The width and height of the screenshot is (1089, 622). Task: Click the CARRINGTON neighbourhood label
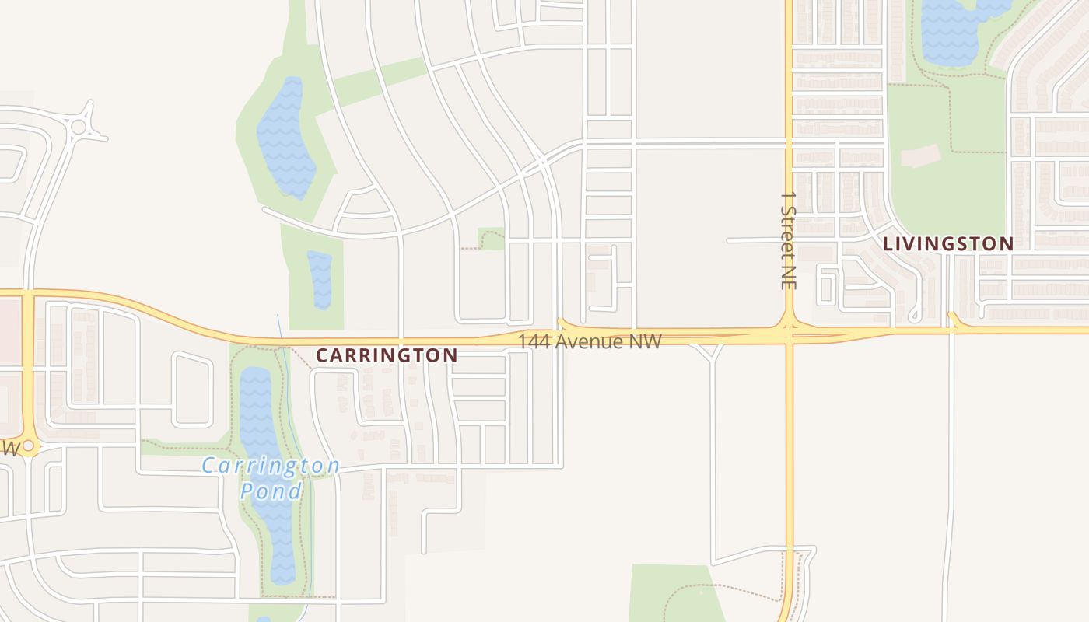coord(387,355)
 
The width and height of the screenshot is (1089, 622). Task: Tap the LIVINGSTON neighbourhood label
coord(948,243)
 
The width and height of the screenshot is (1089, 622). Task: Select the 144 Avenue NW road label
coord(590,341)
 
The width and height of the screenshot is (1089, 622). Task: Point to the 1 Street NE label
coord(789,240)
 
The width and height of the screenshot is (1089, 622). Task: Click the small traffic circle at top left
coord(79,126)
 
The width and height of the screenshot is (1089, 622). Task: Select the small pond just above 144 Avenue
coord(320,280)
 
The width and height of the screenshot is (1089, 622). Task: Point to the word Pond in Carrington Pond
coord(271,491)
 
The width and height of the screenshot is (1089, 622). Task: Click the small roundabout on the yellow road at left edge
coord(29,446)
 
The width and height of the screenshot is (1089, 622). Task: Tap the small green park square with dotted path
coord(492,238)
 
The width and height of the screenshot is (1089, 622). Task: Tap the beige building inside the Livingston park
coord(920,155)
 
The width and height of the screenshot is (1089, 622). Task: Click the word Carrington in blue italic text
coord(271,466)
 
